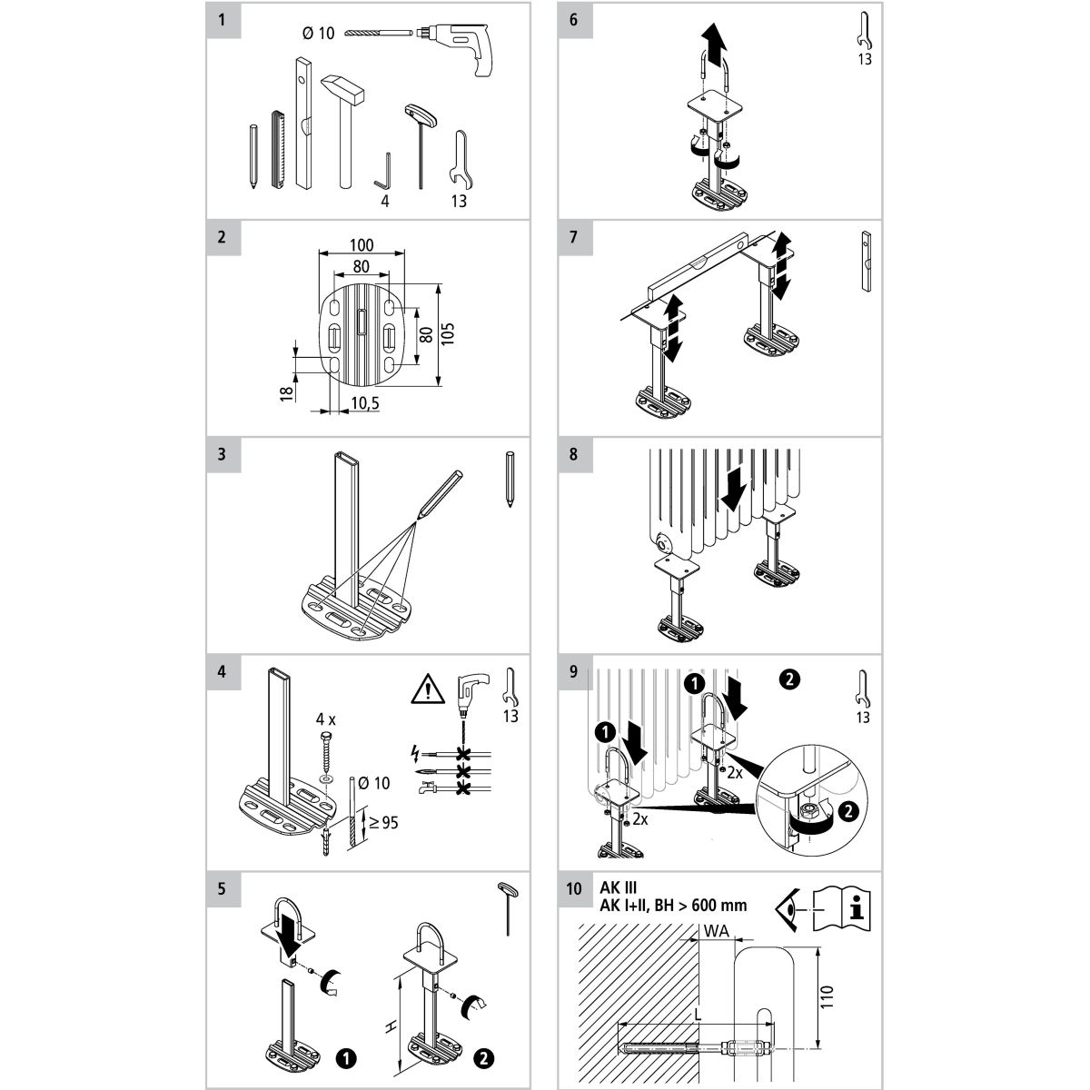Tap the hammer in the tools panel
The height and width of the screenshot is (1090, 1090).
pyautogui.click(x=343, y=127)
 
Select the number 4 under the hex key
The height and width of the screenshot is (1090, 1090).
pyautogui.click(x=385, y=201)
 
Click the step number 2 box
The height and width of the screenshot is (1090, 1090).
pyautogui.click(x=223, y=237)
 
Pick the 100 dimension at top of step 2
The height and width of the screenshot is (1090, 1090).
pyautogui.click(x=362, y=245)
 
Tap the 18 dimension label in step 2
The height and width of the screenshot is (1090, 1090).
pyautogui.click(x=287, y=393)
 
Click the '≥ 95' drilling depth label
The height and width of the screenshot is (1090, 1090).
pyautogui.click(x=381, y=825)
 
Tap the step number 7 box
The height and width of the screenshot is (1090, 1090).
pyautogui.click(x=573, y=237)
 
